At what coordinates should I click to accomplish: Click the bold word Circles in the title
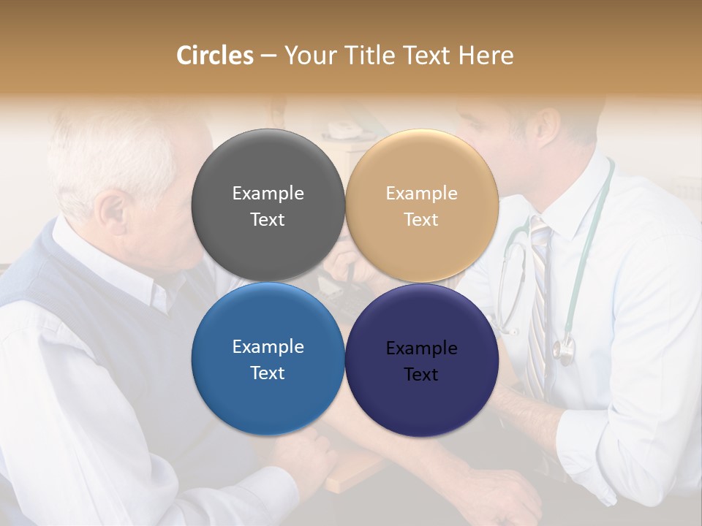click(x=215, y=56)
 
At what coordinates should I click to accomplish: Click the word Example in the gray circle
click(x=268, y=193)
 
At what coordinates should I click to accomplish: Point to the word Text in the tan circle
click(x=421, y=219)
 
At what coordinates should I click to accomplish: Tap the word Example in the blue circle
click(x=268, y=346)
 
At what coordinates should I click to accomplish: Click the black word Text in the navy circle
click(x=421, y=374)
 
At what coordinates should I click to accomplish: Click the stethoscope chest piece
click(x=563, y=351)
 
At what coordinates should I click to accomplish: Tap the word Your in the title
click(x=309, y=56)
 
